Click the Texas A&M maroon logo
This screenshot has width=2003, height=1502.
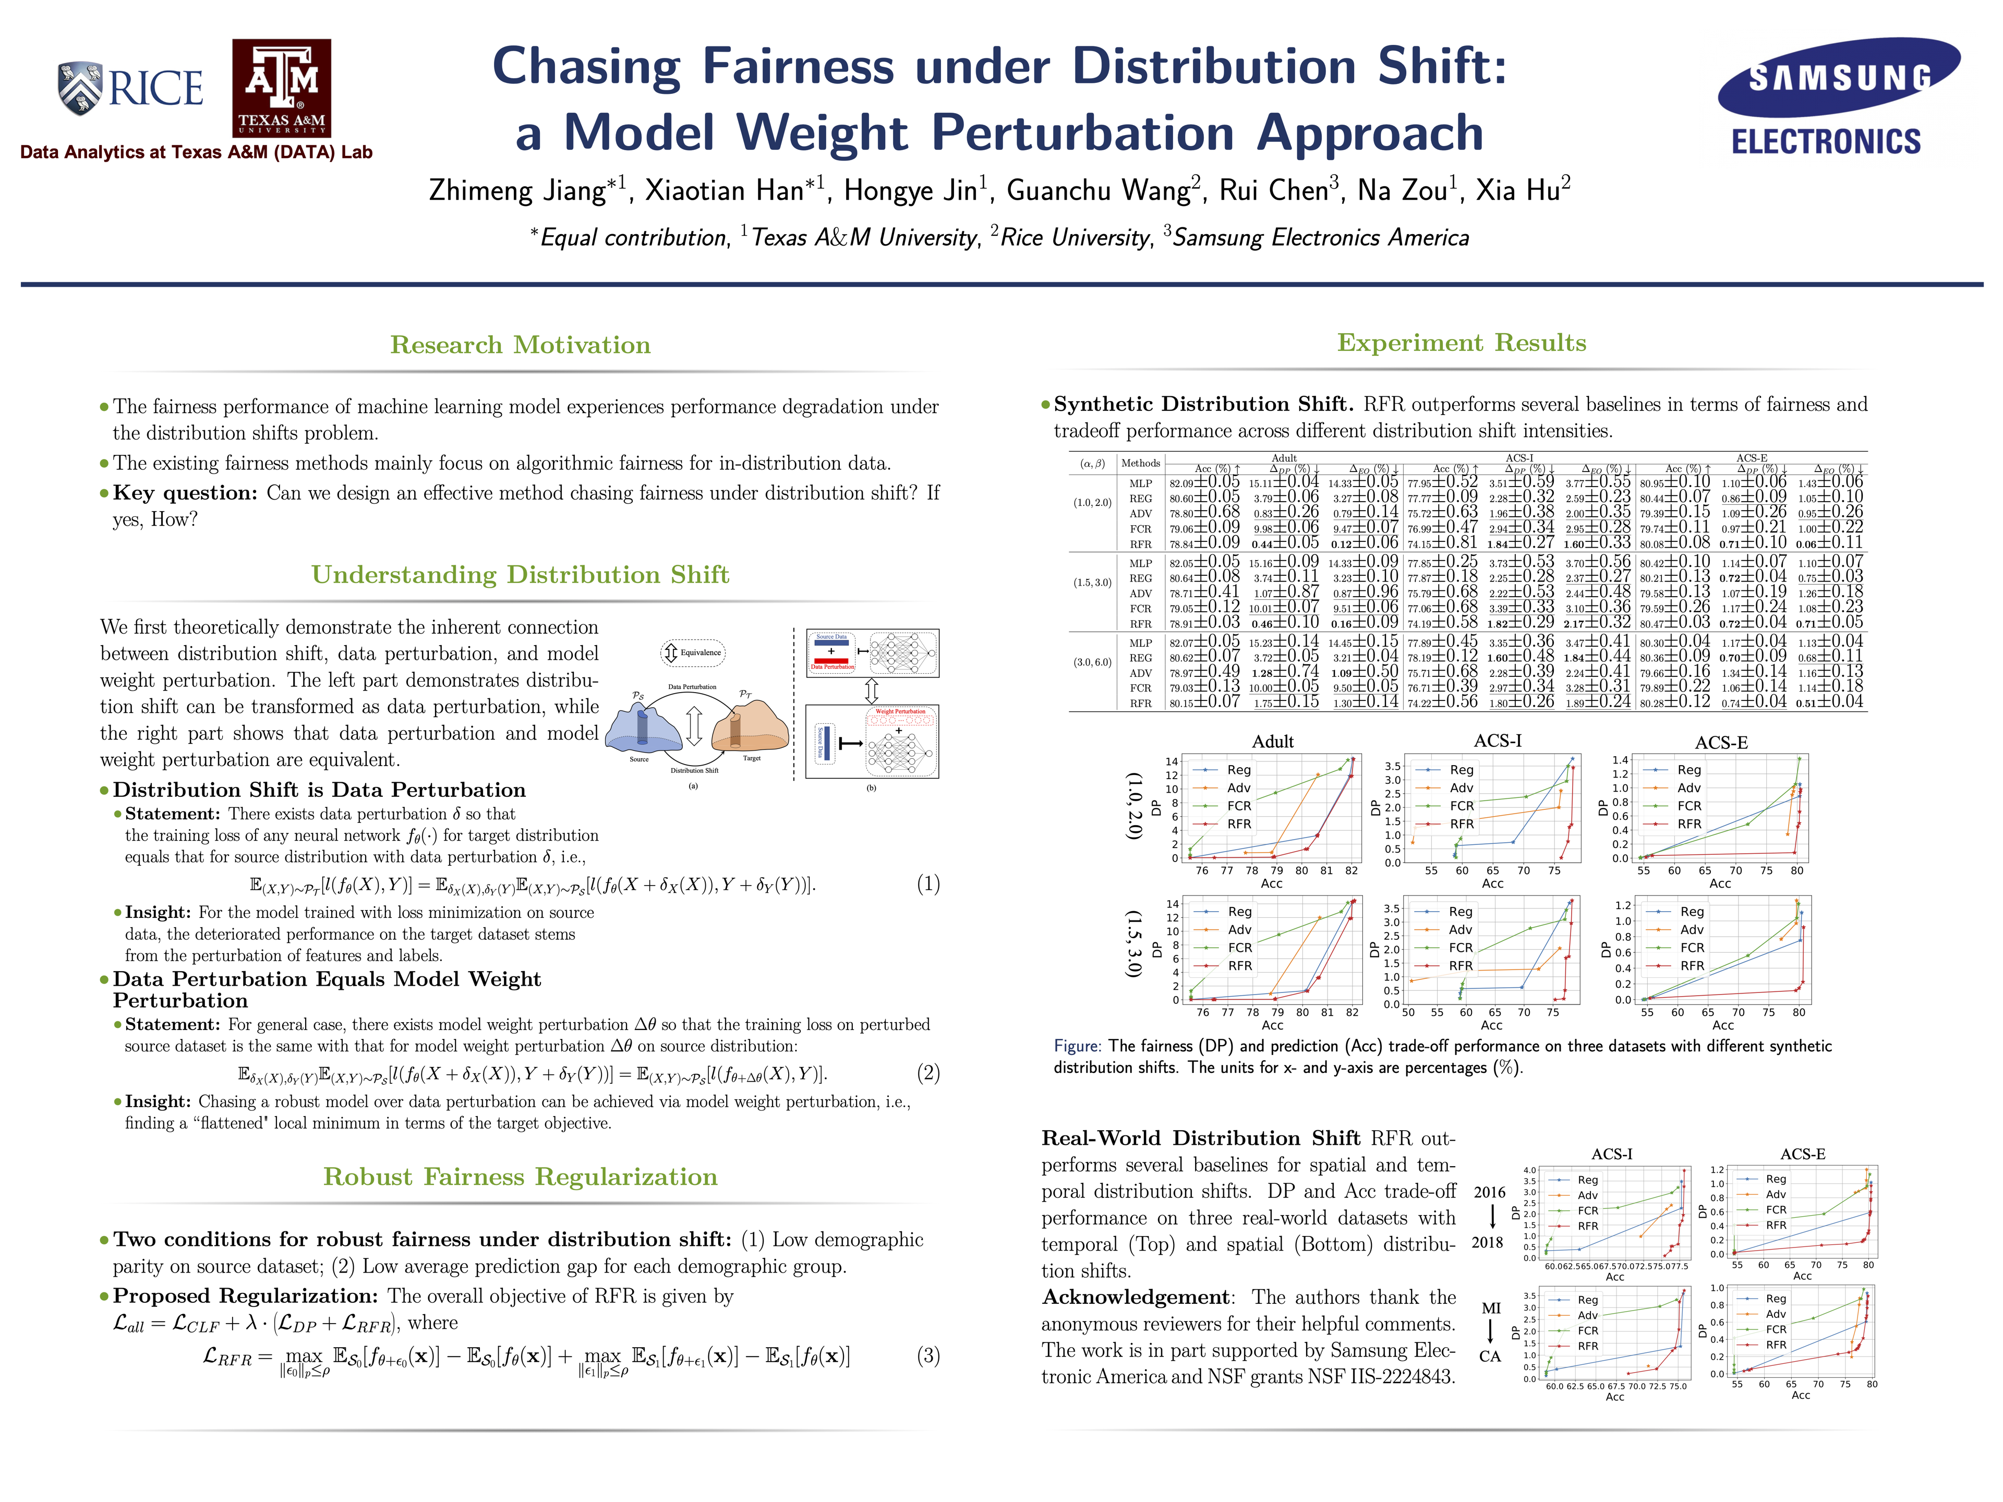[x=282, y=88]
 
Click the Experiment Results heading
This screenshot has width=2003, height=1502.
[x=1462, y=342]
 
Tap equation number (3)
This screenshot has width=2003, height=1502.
[x=928, y=1355]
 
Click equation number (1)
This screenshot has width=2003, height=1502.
[x=928, y=883]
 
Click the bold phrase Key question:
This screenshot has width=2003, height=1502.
[x=186, y=493]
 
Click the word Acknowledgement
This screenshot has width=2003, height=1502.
[x=1136, y=1298]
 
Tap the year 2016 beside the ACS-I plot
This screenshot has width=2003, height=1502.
[x=1489, y=1192]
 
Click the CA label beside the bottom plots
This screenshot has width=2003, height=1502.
[x=1490, y=1356]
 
